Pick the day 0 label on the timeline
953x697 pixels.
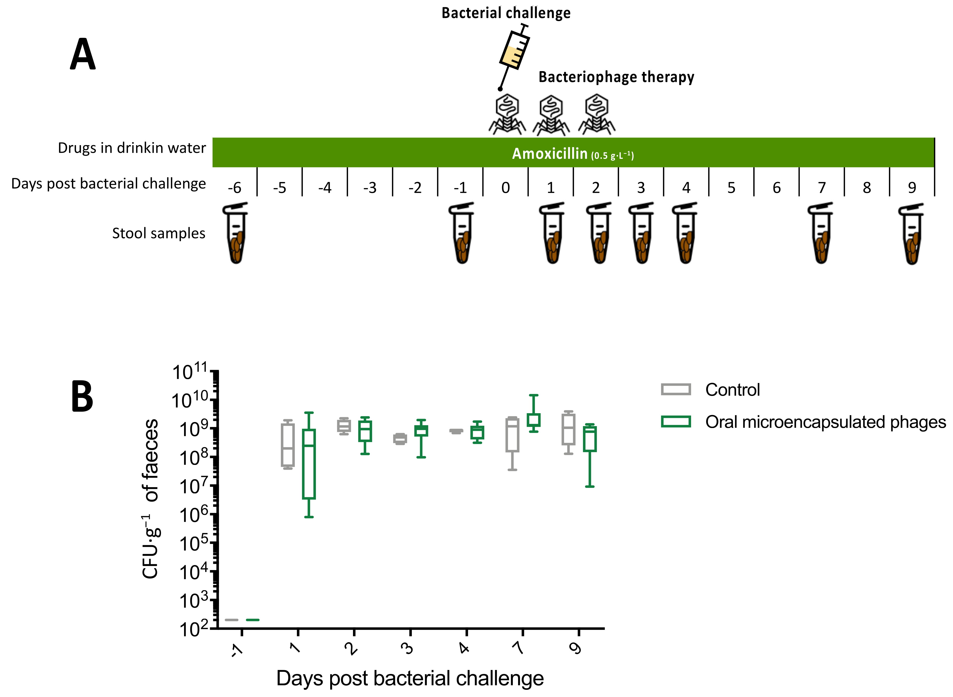pyautogui.click(x=505, y=187)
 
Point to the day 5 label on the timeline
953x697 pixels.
pyautogui.click(x=731, y=187)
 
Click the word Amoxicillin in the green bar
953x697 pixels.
pyautogui.click(x=549, y=154)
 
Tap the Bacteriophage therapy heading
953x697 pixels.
pyautogui.click(x=616, y=77)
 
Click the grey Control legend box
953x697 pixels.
pyautogui.click(x=676, y=389)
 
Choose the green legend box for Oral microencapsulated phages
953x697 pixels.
pyautogui.click(x=676, y=422)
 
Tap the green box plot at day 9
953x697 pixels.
pyautogui.click(x=590, y=439)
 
